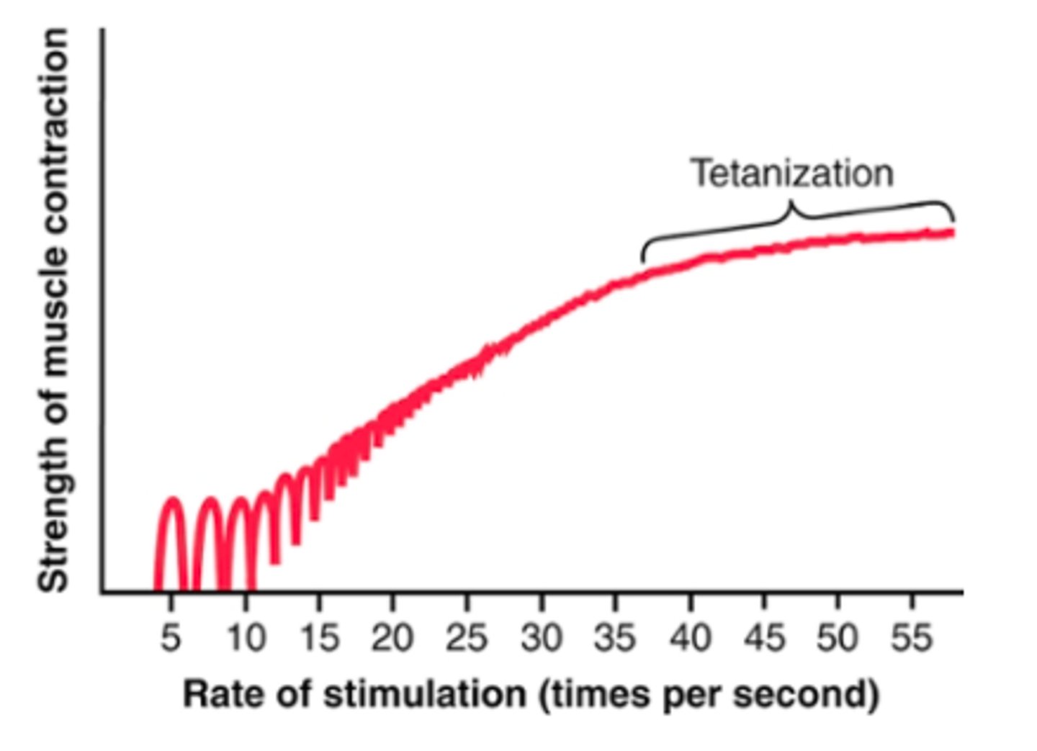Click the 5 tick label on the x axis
pos(170,638)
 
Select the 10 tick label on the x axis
pos(245,638)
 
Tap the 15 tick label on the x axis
pos(319,638)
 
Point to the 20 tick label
pos(392,638)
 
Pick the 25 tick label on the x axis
pos(467,638)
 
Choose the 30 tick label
pos(542,638)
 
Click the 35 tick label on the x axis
pos(615,638)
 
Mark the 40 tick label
pos(690,638)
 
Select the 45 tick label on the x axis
pos(764,638)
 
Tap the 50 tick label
pos(838,638)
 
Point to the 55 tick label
pos(912,638)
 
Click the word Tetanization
pos(792,174)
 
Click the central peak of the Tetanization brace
pos(791,204)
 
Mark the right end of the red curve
pos(952,232)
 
